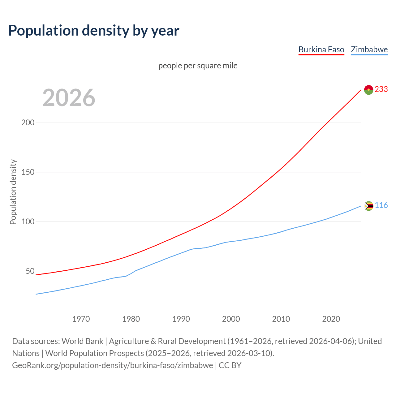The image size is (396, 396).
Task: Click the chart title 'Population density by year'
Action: coord(94,31)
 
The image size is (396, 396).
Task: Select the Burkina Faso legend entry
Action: coord(321,49)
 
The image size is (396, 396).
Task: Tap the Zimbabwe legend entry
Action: coord(369,49)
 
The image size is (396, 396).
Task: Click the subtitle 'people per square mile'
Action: coord(198,66)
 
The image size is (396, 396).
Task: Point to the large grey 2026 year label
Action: coord(69,98)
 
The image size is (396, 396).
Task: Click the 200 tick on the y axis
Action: coord(28,123)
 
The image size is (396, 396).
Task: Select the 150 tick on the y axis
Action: coord(28,172)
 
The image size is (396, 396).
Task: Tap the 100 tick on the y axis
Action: coord(28,222)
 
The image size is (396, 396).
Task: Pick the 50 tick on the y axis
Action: coord(30,271)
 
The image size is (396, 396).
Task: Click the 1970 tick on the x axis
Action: coord(81,319)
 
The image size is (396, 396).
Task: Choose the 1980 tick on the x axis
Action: coord(131,319)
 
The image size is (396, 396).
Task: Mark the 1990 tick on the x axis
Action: coord(181,319)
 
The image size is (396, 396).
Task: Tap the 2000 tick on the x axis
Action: coord(231,319)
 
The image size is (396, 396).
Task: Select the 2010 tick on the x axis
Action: coord(281,319)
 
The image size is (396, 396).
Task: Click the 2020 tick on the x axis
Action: coord(331,319)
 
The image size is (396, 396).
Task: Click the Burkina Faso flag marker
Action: coord(368,90)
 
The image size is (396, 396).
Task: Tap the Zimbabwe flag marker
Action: coord(369,206)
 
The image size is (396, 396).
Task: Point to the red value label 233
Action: coord(381,89)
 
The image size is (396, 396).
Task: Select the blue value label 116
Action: coord(381,205)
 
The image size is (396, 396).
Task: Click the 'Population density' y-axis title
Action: coord(13,192)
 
